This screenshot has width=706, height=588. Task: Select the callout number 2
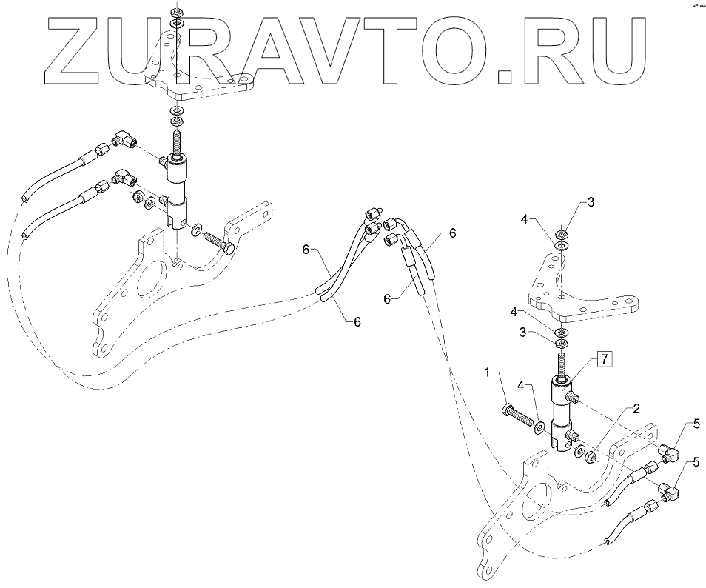636,409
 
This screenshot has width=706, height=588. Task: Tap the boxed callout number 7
604,360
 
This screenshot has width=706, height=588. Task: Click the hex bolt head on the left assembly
230,248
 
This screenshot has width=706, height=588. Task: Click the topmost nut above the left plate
176,13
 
